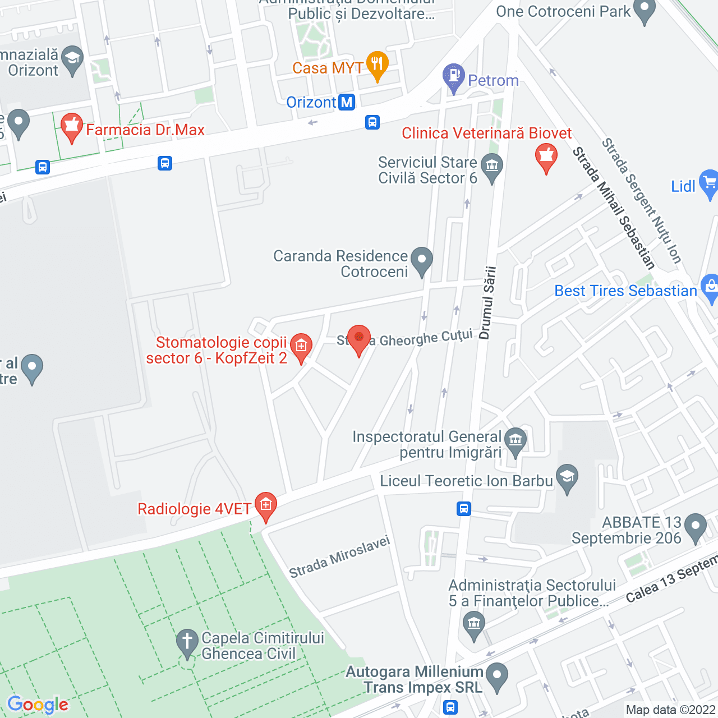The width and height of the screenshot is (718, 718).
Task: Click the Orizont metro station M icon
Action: click(347, 103)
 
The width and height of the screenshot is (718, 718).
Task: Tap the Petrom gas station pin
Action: click(453, 76)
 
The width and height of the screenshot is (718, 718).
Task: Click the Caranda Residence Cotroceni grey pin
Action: click(422, 260)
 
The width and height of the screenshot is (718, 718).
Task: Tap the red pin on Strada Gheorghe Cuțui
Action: click(359, 339)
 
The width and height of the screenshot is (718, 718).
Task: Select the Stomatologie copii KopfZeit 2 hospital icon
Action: click(301, 347)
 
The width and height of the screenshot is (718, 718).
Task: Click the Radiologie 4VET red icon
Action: click(265, 505)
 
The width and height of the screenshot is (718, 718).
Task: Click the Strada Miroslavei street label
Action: click(339, 557)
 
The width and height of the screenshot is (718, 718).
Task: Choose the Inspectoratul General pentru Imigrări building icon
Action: click(515, 441)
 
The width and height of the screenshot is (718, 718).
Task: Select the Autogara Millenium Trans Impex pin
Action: click(496, 676)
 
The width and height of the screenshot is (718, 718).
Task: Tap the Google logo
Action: click(38, 705)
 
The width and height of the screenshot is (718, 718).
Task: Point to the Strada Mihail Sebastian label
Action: click(614, 208)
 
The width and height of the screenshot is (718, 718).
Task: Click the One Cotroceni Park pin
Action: click(644, 10)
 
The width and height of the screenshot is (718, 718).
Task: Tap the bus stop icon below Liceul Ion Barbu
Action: click(463, 509)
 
